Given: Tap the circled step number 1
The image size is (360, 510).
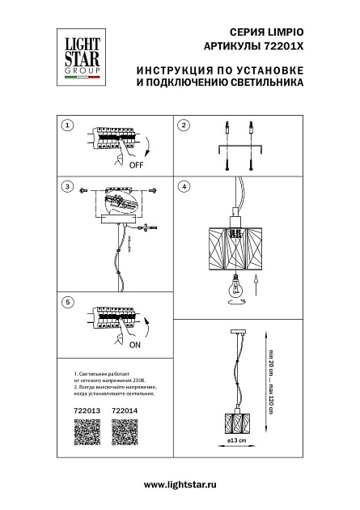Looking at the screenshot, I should click(x=67, y=125).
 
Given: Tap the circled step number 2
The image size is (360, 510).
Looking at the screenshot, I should click(x=184, y=125).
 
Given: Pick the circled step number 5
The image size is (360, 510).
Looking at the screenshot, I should click(x=67, y=302).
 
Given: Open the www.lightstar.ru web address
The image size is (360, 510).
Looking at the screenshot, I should click(x=180, y=484).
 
